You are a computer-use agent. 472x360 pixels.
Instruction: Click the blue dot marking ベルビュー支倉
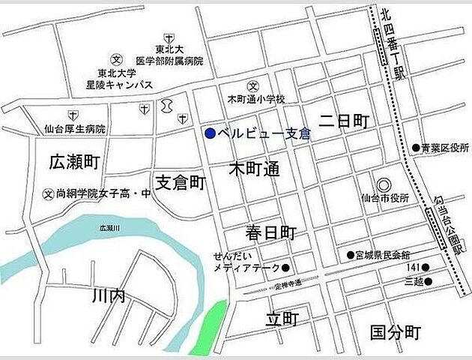(x=211, y=134)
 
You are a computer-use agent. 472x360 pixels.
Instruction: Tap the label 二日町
(x=344, y=121)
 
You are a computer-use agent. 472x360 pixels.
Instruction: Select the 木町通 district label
(x=254, y=169)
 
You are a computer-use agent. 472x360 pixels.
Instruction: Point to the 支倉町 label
(x=180, y=182)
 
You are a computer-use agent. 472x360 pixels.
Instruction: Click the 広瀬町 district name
(x=74, y=161)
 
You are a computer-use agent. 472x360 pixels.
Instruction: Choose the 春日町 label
(x=273, y=230)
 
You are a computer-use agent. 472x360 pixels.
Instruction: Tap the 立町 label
(x=282, y=319)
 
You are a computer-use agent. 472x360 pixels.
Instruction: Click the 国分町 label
(x=396, y=332)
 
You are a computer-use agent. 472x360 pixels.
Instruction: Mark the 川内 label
(x=107, y=297)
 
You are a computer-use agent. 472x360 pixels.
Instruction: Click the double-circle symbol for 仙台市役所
(x=384, y=184)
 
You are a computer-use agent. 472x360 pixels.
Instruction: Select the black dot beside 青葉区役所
(x=416, y=148)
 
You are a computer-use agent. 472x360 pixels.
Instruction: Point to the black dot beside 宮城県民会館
(x=350, y=254)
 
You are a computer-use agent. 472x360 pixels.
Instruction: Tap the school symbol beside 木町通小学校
(x=254, y=85)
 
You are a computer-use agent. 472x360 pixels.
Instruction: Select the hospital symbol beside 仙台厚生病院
(x=73, y=115)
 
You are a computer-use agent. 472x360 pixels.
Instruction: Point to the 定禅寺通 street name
(x=288, y=283)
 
